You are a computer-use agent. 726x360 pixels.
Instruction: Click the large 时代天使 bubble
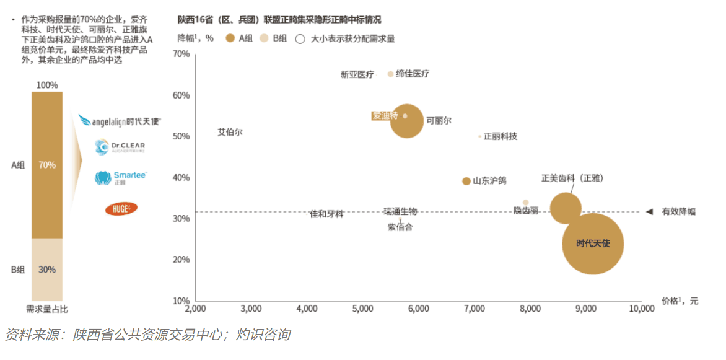click(x=593, y=244)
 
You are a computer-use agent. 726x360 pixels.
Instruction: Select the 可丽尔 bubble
click(x=407, y=121)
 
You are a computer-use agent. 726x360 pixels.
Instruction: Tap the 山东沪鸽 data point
click(x=466, y=181)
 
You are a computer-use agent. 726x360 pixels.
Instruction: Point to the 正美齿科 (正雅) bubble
click(x=566, y=208)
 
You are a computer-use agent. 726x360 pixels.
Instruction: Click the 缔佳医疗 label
click(x=413, y=74)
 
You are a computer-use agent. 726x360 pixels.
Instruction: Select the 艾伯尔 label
click(x=230, y=132)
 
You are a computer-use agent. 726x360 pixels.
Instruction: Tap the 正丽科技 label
click(x=501, y=136)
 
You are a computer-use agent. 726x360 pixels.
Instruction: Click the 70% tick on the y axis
click(x=181, y=54)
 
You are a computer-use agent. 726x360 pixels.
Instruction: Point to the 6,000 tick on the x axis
click(x=419, y=309)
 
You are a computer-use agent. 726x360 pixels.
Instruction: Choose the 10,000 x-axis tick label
click(x=641, y=309)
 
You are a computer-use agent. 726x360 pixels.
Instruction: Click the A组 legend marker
click(x=230, y=38)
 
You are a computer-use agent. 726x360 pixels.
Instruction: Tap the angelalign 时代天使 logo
click(x=120, y=121)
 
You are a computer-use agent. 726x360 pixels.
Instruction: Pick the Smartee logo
click(x=121, y=178)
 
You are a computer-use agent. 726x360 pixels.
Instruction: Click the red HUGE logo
click(x=121, y=209)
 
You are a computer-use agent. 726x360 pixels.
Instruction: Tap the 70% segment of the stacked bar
click(x=47, y=165)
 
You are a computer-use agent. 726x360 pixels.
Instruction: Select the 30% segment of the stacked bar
click(x=47, y=270)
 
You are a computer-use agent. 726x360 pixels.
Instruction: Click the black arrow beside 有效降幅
click(x=649, y=212)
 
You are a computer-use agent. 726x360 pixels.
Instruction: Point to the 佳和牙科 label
click(x=326, y=214)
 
